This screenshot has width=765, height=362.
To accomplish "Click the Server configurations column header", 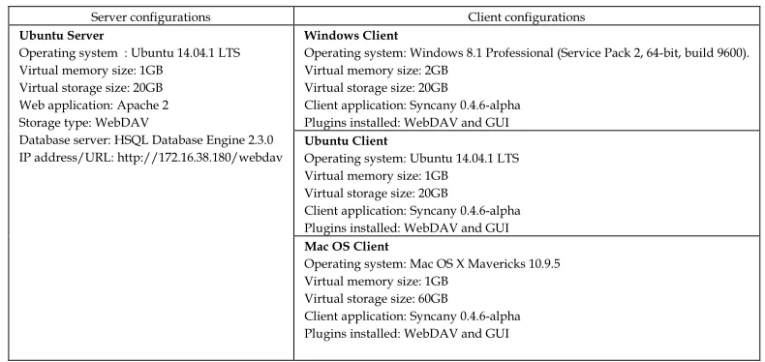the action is point(151,17).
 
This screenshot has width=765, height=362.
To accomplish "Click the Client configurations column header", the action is point(527,17).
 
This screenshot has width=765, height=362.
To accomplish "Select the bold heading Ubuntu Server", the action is point(61,36).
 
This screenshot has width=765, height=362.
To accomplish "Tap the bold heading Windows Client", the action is point(352,36).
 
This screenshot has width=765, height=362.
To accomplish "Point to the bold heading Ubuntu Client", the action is point(346,141).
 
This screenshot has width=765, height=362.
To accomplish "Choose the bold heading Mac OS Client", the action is point(347,247).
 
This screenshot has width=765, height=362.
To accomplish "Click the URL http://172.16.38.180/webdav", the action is point(200,158).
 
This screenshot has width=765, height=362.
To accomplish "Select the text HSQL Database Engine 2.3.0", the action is point(194,140).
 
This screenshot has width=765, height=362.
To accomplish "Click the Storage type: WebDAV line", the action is point(83,123).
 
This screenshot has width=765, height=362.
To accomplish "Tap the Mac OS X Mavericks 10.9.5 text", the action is point(485,264).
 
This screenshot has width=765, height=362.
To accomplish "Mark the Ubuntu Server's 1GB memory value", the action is point(151,71).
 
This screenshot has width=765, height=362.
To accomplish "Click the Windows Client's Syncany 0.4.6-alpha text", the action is point(465,106).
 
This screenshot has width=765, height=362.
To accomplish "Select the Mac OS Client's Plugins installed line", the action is point(407,334).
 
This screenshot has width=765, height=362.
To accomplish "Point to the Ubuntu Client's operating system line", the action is point(412,159).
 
